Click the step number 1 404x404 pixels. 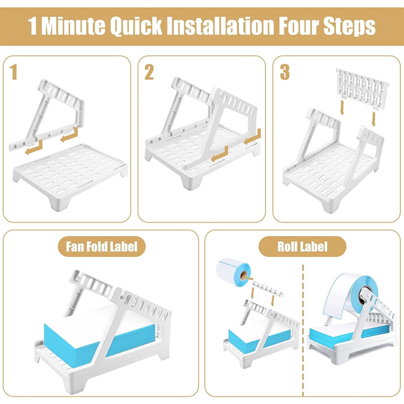13,72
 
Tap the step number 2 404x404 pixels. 149,72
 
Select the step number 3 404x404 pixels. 285,72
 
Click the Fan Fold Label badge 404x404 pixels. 102,246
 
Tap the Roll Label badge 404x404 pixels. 302,246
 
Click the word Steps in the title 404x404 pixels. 349,26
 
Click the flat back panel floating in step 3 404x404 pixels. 362,89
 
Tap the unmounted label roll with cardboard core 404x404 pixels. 233,272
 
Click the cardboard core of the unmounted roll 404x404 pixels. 244,276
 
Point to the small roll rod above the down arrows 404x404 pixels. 267,289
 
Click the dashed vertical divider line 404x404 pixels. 303,330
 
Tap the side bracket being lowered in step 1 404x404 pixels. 47,115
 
